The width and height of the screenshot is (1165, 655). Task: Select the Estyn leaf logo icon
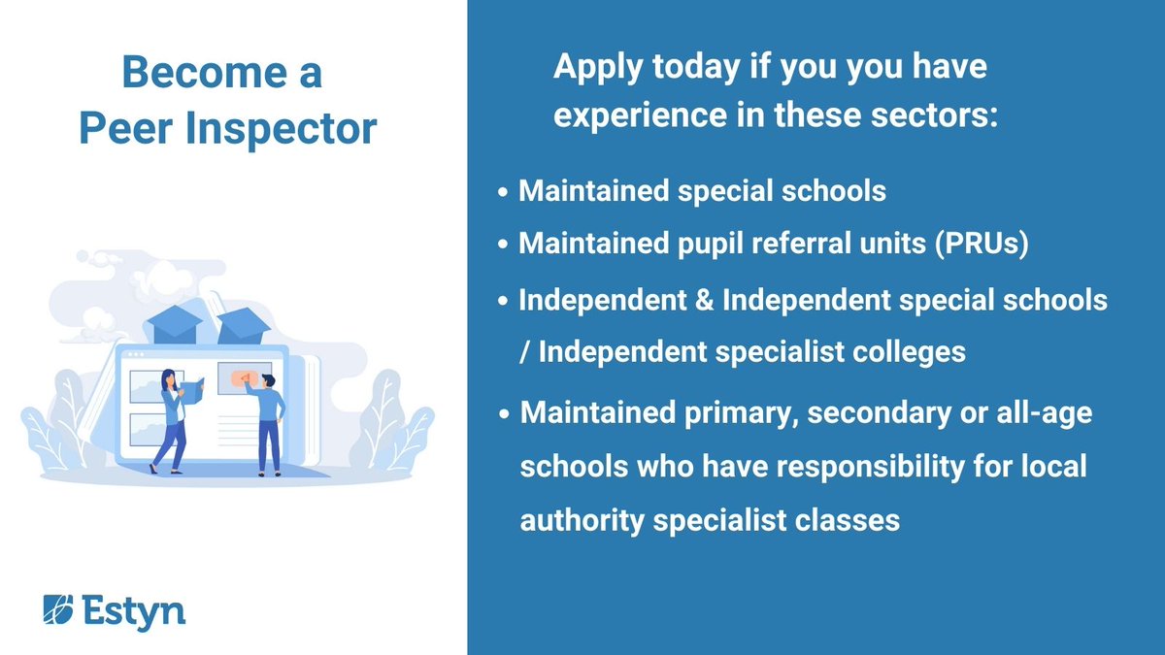click(x=56, y=610)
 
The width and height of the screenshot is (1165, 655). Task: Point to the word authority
click(x=582, y=519)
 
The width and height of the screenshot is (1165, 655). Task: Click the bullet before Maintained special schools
click(x=503, y=192)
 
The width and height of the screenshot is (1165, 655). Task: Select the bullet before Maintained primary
click(x=505, y=415)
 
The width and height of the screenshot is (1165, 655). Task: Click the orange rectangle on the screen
click(x=245, y=377)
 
